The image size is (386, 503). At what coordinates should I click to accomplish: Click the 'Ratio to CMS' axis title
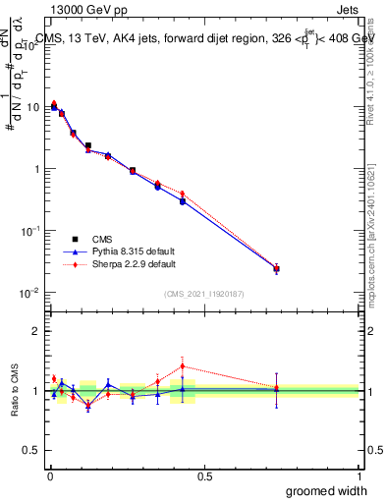[14, 390]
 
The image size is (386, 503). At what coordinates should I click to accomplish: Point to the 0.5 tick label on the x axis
[203, 476]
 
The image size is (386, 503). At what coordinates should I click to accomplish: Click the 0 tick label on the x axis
[49, 476]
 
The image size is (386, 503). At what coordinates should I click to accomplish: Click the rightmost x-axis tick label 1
[358, 476]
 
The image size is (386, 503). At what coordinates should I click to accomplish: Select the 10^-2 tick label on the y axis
[31, 293]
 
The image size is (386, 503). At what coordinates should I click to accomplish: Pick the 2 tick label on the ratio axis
[37, 331]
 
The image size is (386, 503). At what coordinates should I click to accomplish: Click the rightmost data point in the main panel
[276, 268]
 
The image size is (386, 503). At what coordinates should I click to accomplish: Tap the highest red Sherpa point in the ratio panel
[183, 366]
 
